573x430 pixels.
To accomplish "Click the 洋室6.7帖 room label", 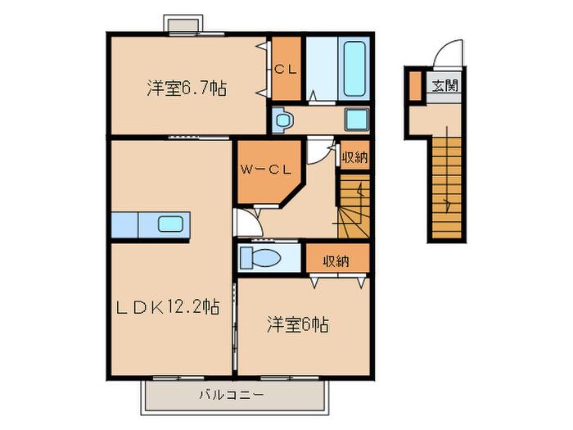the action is pos(187,88).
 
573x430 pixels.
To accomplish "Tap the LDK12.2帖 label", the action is pos(168,306).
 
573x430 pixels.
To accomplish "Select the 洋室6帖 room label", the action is pos(298,324).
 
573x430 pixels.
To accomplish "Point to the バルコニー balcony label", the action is pos(232,395).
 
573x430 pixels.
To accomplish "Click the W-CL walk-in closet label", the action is pos(266,170).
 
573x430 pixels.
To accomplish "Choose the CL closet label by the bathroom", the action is pos(286,70).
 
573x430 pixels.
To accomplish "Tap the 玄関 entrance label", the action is pos(444,86).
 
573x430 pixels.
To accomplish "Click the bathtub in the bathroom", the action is pos(354,69).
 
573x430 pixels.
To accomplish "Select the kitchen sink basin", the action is pos(170,224).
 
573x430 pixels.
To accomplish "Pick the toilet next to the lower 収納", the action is pos(260,258).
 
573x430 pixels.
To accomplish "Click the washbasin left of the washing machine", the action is pos(283,120).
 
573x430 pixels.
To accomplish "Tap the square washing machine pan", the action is pos(357,120).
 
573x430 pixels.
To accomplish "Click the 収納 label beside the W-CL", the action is pos(354,157).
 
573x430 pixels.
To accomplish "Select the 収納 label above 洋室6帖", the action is pos(336,261).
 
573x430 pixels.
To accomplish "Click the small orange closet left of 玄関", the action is pos(415,86).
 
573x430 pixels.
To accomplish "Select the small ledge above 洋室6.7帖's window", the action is pos(182,25).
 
